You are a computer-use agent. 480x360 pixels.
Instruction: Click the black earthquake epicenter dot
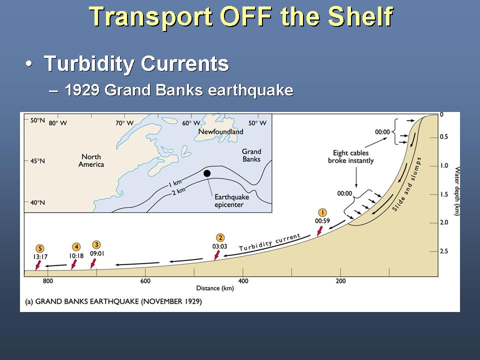[207, 173]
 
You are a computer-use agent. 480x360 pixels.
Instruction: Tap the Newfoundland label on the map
[220, 131]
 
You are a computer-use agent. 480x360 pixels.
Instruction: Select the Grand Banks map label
[251, 155]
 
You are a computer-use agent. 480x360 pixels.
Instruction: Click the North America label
[91, 160]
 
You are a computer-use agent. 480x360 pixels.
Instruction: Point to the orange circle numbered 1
[322, 212]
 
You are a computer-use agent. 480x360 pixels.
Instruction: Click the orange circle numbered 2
[220, 238]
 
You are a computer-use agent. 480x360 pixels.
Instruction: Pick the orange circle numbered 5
[40, 248]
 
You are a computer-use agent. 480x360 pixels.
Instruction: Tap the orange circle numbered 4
[76, 247]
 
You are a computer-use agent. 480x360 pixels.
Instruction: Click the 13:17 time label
[40, 257]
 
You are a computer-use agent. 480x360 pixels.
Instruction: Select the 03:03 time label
[220, 246]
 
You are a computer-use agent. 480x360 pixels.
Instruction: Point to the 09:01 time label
[97, 253]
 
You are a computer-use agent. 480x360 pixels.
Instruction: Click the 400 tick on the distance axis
[243, 280]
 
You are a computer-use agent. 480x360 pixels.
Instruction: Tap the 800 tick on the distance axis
[48, 280]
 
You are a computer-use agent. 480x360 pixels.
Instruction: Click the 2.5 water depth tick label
[444, 251]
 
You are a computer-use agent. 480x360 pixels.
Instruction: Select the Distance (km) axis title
[215, 288]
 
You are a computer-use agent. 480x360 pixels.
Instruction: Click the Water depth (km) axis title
[456, 191]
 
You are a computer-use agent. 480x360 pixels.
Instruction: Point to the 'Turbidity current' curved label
[269, 242]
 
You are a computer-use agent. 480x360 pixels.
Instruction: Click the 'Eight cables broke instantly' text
[351, 156]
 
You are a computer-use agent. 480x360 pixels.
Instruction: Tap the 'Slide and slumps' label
[407, 184]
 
